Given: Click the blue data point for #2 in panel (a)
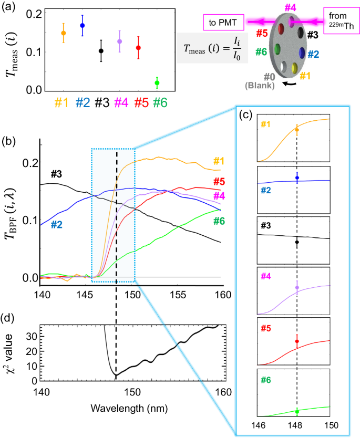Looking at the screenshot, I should coord(82,25).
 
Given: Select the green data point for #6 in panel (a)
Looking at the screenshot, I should coord(157,83).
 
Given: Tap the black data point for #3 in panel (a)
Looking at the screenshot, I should coord(101,51).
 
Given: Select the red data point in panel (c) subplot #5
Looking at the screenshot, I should coord(297,341).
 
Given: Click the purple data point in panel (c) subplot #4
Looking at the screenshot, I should coord(297,288).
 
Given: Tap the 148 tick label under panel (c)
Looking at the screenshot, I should coord(297,424).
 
